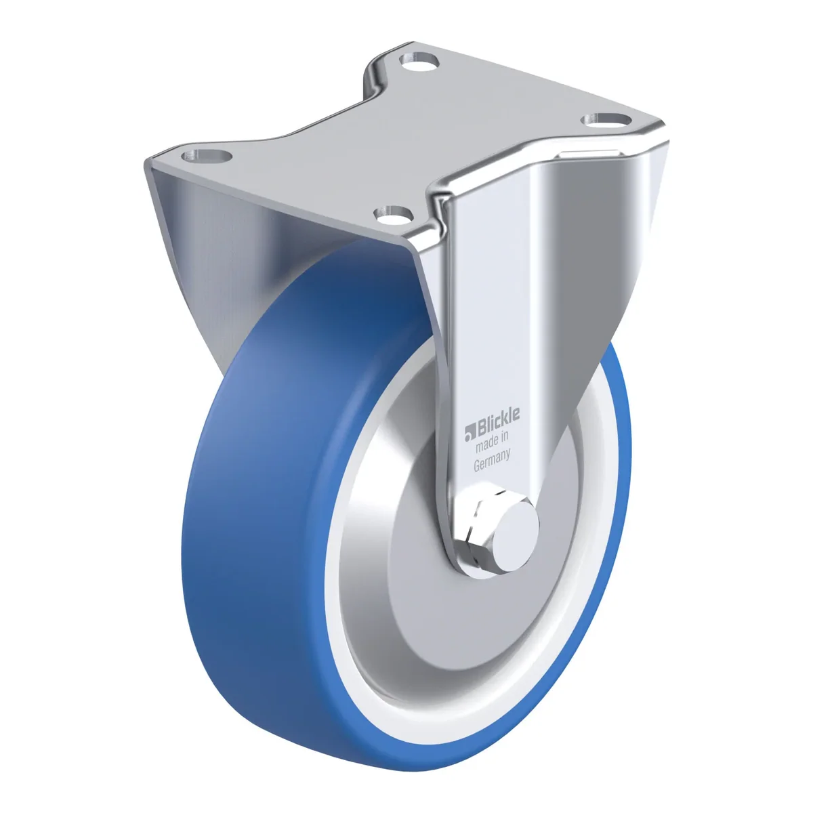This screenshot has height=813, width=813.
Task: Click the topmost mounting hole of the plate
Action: point(419,62)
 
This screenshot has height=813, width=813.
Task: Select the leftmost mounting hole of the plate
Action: point(207,156)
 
